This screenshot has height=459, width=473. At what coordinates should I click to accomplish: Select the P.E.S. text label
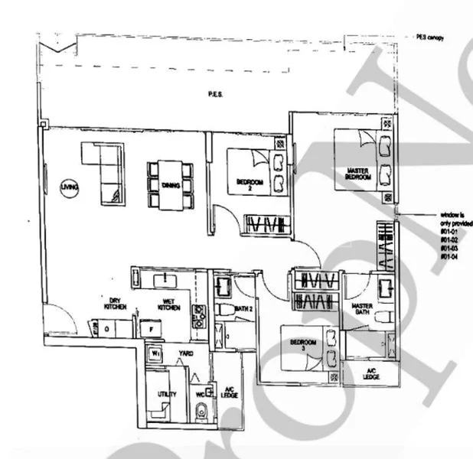point(215,94)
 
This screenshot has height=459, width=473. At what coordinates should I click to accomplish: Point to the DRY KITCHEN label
point(116,304)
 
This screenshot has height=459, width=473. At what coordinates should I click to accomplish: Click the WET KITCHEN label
point(168,304)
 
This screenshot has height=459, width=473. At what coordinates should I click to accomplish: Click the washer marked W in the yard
point(155,354)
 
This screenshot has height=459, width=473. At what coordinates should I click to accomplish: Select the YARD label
point(186,353)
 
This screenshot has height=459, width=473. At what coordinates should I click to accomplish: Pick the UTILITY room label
point(167,395)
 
